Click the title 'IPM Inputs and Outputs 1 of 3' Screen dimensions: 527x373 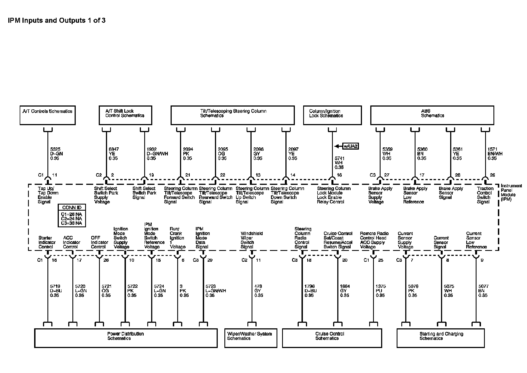click(57, 21)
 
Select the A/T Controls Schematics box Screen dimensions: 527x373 click(47, 115)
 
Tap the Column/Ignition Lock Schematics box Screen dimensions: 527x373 click(332, 115)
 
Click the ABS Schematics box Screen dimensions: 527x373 click(432, 115)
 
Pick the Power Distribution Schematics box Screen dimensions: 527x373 click(126, 338)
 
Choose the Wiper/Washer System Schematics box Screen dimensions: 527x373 click(251, 338)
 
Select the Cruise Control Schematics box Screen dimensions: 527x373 click(332, 338)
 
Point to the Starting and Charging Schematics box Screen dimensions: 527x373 click(440, 338)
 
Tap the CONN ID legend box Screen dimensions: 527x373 click(72, 216)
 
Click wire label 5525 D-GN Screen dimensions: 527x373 click(57, 154)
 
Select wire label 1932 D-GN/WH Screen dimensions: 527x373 click(157, 154)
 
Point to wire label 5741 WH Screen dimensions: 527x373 click(339, 163)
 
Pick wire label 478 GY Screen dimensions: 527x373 click(259, 291)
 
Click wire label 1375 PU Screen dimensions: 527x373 click(381, 291)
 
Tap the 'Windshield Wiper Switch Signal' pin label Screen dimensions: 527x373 click(251, 240)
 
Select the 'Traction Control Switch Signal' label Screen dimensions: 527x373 click(485, 195)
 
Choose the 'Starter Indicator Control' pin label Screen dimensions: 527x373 click(47, 242)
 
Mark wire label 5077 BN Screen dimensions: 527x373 click(483, 291)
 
